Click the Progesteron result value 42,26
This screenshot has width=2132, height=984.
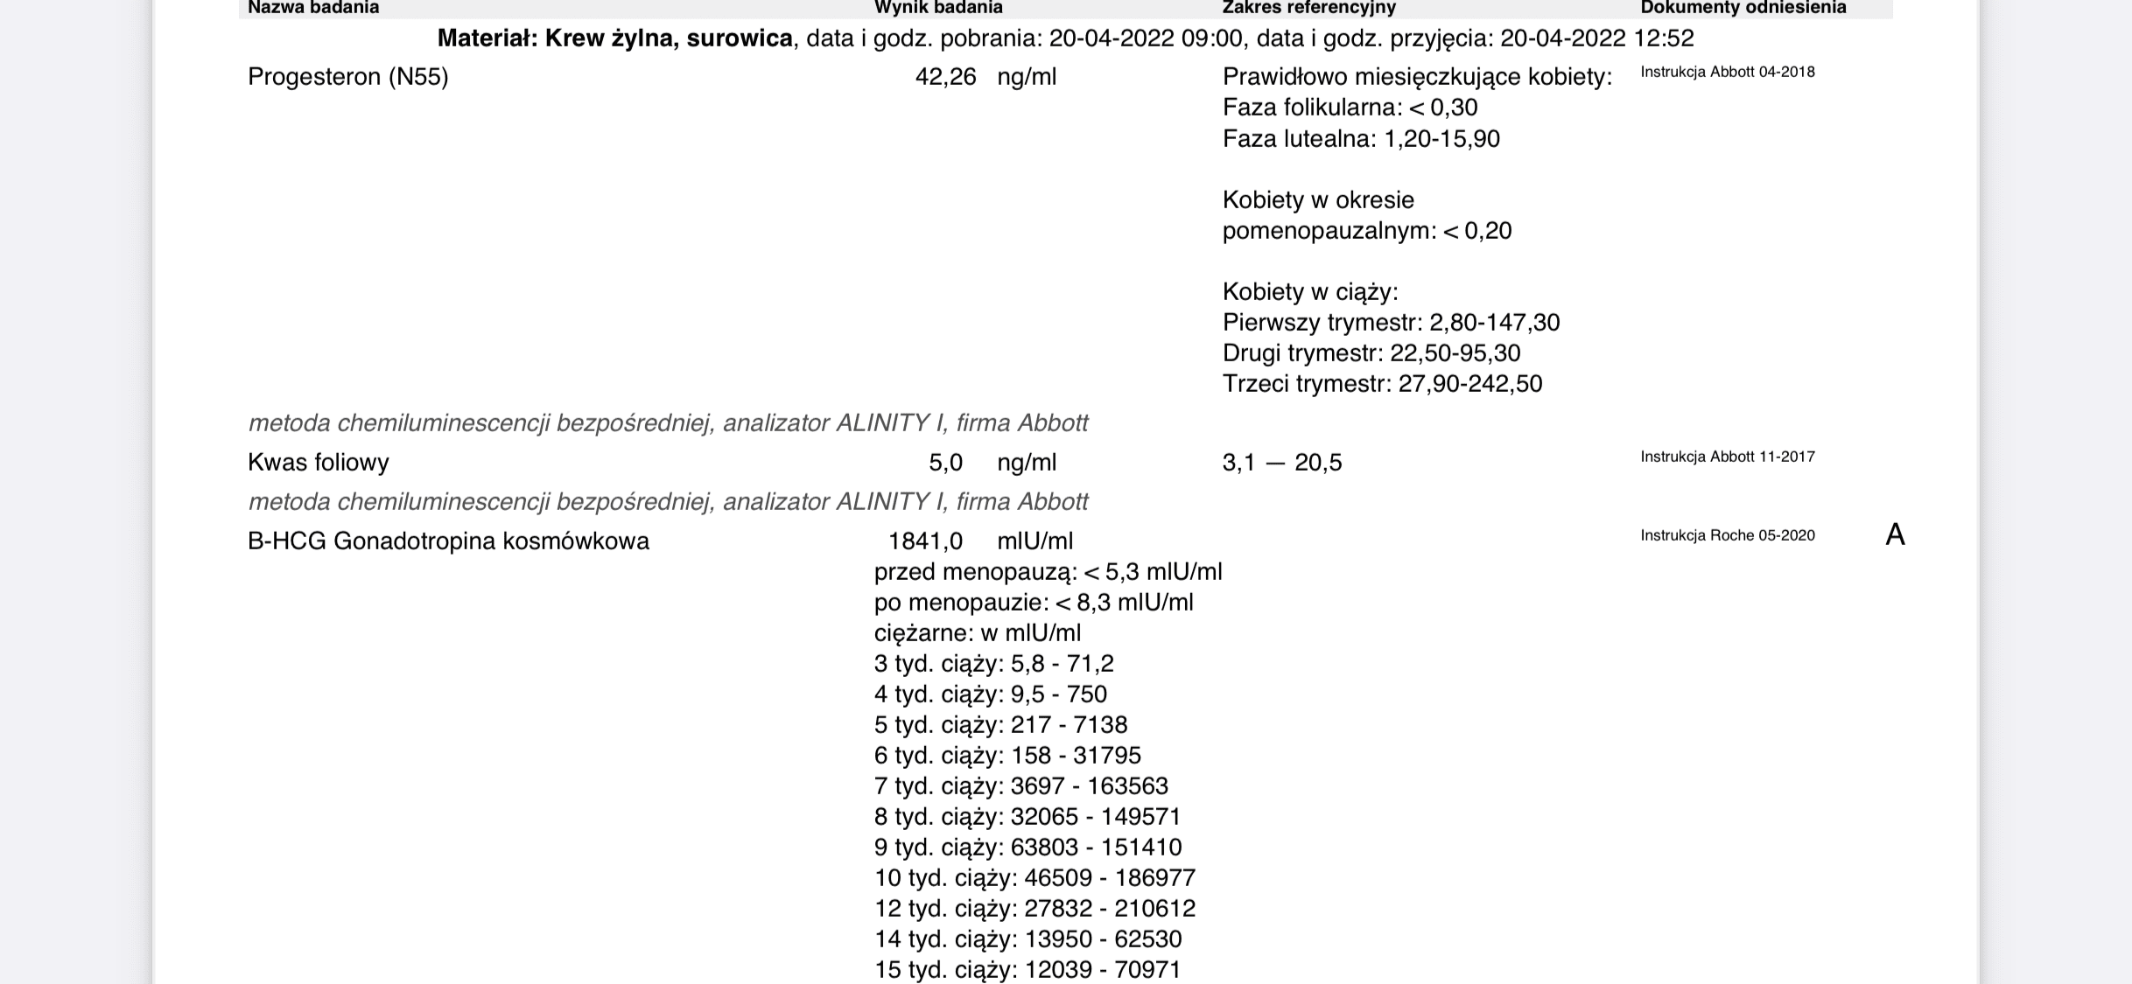[x=945, y=77]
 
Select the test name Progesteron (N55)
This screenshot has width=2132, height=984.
[x=347, y=77]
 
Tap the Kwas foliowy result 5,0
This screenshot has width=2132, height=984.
[x=945, y=462]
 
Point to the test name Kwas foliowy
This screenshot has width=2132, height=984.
[x=318, y=462]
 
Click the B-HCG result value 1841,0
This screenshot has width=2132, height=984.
[x=925, y=541]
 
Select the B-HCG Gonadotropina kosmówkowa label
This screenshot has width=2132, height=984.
[x=448, y=541]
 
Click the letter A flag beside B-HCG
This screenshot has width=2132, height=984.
[x=1895, y=534]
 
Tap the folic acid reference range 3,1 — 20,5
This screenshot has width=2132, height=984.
[x=1281, y=462]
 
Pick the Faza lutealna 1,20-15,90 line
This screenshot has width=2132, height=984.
[x=1361, y=138]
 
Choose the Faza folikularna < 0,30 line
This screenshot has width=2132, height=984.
[x=1350, y=108]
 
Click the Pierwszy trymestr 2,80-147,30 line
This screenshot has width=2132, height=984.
[x=1391, y=322]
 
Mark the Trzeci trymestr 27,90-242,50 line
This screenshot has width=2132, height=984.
[x=1382, y=383]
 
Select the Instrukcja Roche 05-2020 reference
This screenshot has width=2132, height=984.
[x=1727, y=535]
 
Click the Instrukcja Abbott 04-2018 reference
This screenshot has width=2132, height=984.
[x=1727, y=72]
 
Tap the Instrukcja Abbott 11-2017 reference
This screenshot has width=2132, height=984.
[x=1727, y=457]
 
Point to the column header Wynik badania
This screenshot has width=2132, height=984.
[x=938, y=8]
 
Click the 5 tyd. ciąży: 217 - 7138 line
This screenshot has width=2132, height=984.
[x=1000, y=724]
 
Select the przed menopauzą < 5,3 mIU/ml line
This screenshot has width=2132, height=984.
[x=1048, y=571]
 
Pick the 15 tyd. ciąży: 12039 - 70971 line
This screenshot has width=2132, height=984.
[x=1027, y=969]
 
